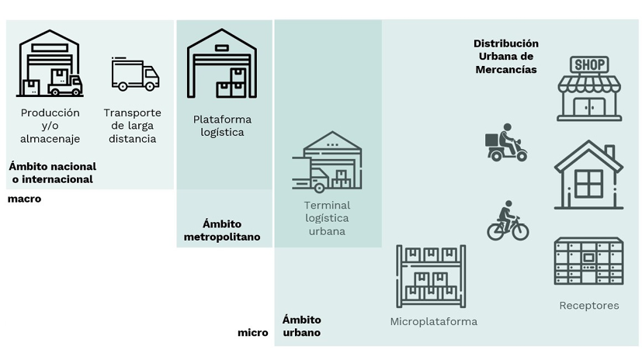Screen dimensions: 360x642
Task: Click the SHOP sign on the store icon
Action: click(589, 64)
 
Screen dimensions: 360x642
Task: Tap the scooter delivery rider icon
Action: click(505, 143)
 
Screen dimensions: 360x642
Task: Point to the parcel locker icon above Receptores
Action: click(588, 261)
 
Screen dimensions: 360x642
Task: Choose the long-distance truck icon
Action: click(135, 74)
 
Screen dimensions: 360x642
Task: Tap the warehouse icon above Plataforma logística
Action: click(222, 64)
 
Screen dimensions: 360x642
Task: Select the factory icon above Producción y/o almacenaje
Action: click(50, 64)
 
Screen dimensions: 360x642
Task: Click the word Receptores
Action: click(589, 306)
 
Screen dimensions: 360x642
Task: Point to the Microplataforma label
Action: click(433, 321)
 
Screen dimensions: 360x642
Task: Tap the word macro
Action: click(24, 199)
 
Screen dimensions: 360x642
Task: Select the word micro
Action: click(252, 333)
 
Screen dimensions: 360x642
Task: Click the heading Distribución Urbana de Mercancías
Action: click(506, 57)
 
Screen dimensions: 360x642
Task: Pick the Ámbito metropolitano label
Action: click(222, 230)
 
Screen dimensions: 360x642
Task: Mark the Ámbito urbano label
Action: click(301, 326)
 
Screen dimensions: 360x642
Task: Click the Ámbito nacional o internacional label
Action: click(52, 172)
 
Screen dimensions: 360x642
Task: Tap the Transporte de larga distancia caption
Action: click(132, 126)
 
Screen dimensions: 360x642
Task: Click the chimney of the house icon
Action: click(609, 151)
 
